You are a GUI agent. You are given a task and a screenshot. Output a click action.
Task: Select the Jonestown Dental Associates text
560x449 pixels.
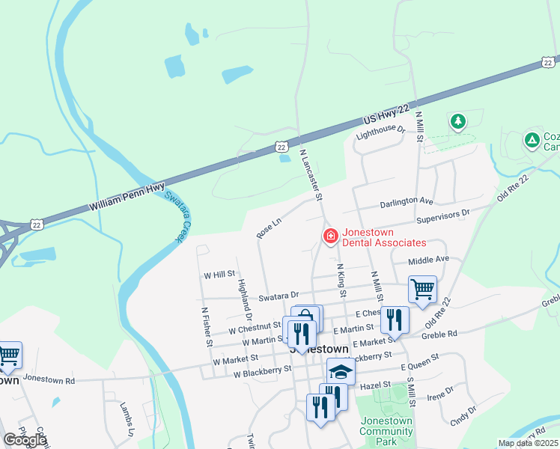(384, 237)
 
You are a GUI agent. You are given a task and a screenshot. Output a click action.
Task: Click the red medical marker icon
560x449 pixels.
(329, 236)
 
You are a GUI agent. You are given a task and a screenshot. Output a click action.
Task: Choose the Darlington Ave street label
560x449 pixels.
(407, 202)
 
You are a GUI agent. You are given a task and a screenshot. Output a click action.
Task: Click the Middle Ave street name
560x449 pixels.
(428, 259)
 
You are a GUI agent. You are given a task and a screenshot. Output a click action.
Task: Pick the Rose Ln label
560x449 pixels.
(268, 228)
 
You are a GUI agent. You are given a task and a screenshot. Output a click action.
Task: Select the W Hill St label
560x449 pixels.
(219, 275)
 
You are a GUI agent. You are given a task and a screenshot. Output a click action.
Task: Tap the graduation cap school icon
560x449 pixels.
(341, 371)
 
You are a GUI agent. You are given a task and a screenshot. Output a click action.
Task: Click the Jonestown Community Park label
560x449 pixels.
(386, 431)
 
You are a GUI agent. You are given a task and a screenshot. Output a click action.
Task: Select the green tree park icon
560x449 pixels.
(457, 120)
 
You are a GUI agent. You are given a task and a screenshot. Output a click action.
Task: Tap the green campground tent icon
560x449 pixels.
(532, 140)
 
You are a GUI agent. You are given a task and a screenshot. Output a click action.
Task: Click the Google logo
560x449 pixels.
(24, 440)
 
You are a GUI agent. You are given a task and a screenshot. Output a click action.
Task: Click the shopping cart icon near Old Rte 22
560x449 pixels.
(422, 288)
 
